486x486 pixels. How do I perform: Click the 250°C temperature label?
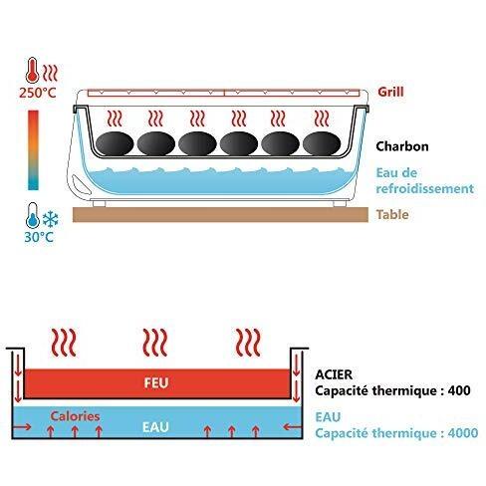click(38, 93)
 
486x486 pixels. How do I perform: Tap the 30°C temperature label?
click(39, 237)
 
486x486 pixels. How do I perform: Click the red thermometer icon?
click(32, 70)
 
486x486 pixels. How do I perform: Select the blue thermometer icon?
click(33, 215)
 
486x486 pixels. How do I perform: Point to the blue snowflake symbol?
click(51, 219)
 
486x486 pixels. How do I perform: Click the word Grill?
click(390, 92)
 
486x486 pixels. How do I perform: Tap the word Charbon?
click(402, 146)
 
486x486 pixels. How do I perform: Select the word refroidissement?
click(424, 188)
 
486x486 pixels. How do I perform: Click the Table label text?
click(392, 214)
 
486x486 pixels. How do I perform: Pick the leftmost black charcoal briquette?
click(115, 143)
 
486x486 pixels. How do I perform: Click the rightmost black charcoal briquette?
click(322, 143)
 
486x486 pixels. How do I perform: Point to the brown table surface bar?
click(220, 215)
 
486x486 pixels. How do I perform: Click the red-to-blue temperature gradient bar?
click(33, 150)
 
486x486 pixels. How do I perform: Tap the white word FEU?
click(156, 382)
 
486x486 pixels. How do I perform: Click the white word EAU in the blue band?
click(155, 427)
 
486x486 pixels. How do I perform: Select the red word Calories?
click(75, 416)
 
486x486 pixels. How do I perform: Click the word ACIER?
click(334, 374)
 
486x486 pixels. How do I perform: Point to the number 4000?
click(463, 433)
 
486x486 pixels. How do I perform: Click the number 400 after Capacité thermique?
click(459, 390)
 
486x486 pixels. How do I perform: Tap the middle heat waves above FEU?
click(155, 343)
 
